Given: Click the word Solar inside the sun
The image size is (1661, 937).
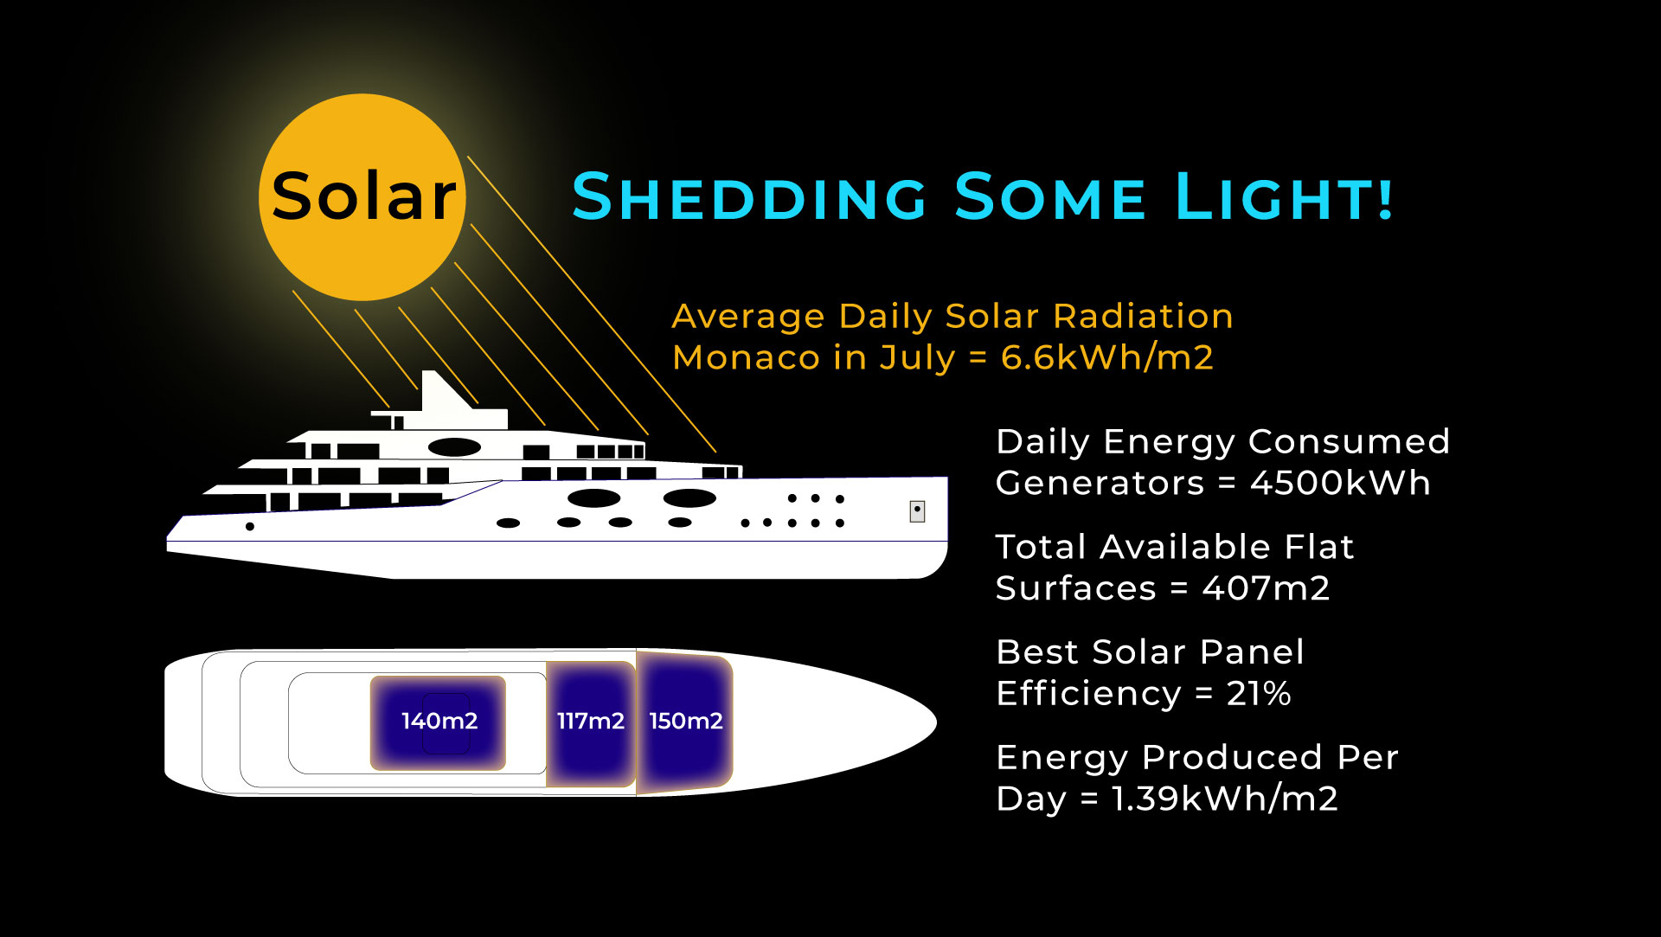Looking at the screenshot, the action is [x=363, y=196].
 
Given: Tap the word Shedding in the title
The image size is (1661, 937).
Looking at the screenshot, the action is [x=750, y=196].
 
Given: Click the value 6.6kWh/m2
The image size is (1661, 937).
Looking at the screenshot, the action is [x=1107, y=357].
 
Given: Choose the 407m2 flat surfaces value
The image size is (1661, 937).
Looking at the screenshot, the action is [x=1266, y=588].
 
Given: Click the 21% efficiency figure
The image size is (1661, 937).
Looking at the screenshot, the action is [x=1259, y=694].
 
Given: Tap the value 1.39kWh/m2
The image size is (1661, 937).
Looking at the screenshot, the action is [x=1225, y=799].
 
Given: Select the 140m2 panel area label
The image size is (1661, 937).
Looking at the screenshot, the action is [x=439, y=721].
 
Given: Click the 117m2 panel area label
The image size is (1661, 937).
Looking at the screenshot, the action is [x=591, y=721].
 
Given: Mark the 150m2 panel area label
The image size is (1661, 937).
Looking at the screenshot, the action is [x=686, y=721].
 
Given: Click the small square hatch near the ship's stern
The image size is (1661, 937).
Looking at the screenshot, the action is [x=918, y=511].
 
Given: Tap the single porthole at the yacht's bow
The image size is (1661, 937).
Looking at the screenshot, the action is [x=250, y=526].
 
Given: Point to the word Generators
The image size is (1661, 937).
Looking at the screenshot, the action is [x=1100, y=483].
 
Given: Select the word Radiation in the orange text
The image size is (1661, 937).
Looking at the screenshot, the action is [x=1143, y=317].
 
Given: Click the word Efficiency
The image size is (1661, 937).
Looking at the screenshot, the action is [x=1088, y=694].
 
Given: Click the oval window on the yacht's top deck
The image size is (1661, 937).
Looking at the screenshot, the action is [x=454, y=447].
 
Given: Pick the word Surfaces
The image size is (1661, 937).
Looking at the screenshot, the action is [x=1075, y=588].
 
